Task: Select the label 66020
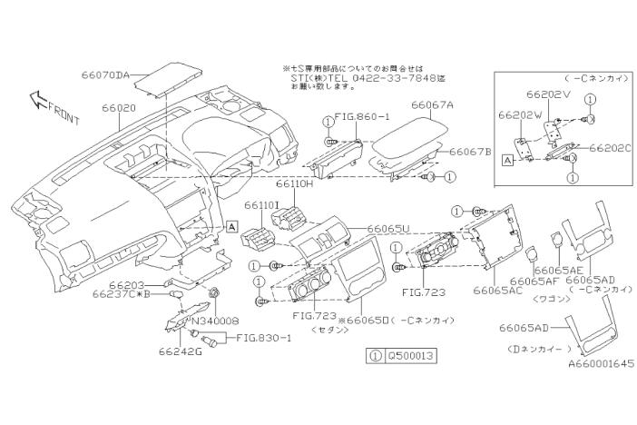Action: point(119,107)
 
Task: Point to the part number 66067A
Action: point(432,105)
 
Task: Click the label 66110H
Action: point(295,184)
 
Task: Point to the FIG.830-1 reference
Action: point(265,339)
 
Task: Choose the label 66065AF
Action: point(533,282)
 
